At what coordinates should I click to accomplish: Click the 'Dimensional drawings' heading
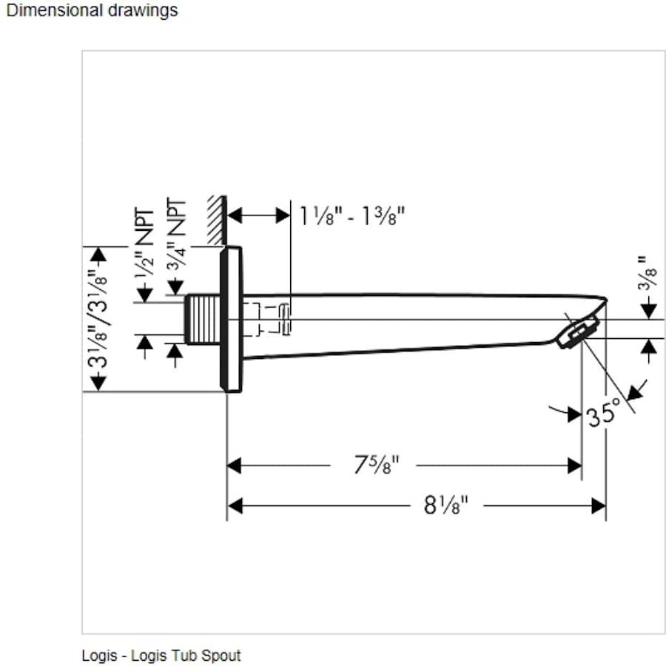[92, 10]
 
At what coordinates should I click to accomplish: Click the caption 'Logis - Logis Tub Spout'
[161, 656]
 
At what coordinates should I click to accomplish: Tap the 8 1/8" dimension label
[446, 505]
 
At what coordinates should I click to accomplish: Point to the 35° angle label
[603, 414]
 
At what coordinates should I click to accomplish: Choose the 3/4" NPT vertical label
[175, 235]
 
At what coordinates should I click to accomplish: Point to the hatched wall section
[217, 220]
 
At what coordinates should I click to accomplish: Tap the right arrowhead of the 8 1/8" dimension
[599, 505]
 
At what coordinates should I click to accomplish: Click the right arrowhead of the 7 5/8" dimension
[574, 465]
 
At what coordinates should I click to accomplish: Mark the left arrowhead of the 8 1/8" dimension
[235, 505]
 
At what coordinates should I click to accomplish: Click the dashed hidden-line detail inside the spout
[275, 319]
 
